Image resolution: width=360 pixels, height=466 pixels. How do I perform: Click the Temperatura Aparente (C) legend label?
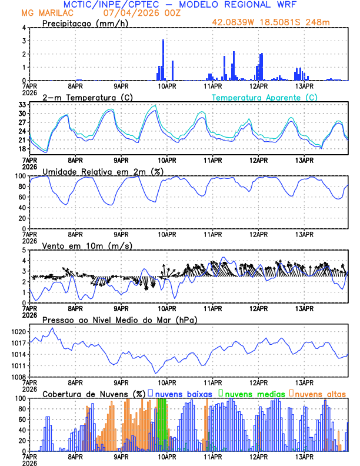pyautogui.click(x=265, y=97)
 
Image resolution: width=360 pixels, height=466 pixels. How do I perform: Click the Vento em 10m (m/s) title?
pyautogui.click(x=82, y=245)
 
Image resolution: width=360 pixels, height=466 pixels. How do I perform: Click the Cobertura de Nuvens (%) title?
pyautogui.click(x=94, y=394)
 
